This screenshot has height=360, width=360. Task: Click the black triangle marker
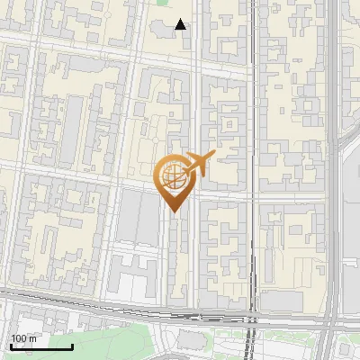(x=181, y=24)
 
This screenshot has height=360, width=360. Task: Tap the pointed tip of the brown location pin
(x=174, y=212)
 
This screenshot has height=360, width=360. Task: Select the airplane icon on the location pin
(x=200, y=164)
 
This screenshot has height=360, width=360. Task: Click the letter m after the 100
(x=33, y=338)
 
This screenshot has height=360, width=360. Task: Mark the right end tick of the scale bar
(x=73, y=346)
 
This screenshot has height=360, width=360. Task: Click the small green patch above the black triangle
(x=163, y=3)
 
